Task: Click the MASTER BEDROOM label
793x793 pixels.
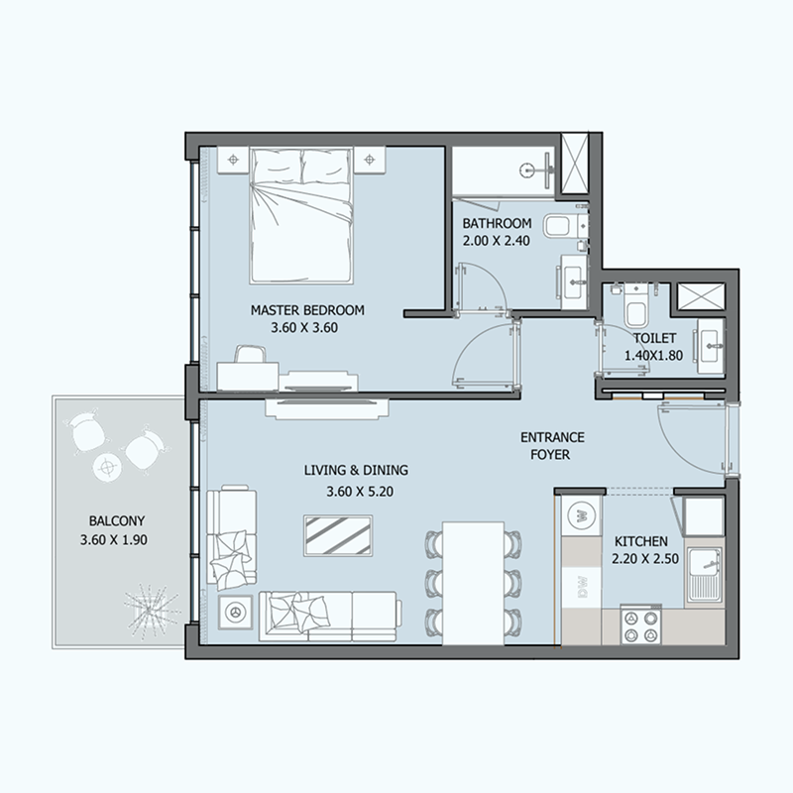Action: pyautogui.click(x=307, y=310)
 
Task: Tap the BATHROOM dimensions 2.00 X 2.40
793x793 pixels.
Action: pyautogui.click(x=497, y=241)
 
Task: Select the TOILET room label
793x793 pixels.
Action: pyautogui.click(x=655, y=338)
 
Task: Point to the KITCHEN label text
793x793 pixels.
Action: pyautogui.click(x=640, y=541)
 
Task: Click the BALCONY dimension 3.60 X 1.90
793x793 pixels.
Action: pyautogui.click(x=114, y=540)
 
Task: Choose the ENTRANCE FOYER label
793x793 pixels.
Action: pyautogui.click(x=552, y=445)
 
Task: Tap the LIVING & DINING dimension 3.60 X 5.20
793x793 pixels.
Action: pyautogui.click(x=360, y=492)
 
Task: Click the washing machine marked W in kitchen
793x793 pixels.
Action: pyautogui.click(x=582, y=515)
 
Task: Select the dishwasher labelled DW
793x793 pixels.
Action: pyautogui.click(x=582, y=587)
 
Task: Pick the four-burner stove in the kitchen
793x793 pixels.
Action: pyautogui.click(x=640, y=625)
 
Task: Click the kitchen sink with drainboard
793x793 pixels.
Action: pyautogui.click(x=704, y=578)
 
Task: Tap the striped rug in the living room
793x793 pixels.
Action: pyautogui.click(x=338, y=536)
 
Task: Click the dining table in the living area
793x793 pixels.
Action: pyautogui.click(x=474, y=584)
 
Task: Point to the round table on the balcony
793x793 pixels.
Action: pyautogui.click(x=107, y=467)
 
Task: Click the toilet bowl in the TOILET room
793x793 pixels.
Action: pyautogui.click(x=635, y=309)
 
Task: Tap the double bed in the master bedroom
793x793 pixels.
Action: pyautogui.click(x=301, y=215)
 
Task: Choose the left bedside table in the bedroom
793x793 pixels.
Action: pyautogui.click(x=233, y=161)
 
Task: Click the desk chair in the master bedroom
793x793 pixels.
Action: pyautogui.click(x=250, y=354)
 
